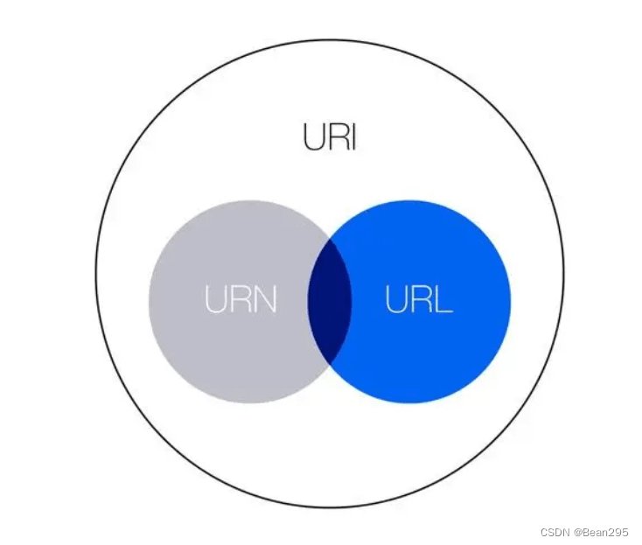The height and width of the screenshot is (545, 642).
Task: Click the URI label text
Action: pos(330,137)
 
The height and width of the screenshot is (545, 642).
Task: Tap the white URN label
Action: pos(241,300)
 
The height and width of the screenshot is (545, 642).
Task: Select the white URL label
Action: pos(419,300)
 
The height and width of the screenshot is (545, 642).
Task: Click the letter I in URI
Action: pos(352,137)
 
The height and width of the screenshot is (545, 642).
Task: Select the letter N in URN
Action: pos(264,300)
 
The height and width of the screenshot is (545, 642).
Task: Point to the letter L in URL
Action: pos(443,300)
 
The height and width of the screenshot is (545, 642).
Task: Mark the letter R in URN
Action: pos(241,300)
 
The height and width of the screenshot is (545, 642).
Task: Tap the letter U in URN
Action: pos(217,300)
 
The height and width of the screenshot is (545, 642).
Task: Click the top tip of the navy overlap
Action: pos(330,235)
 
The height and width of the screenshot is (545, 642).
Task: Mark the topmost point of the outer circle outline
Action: pos(330,39)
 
